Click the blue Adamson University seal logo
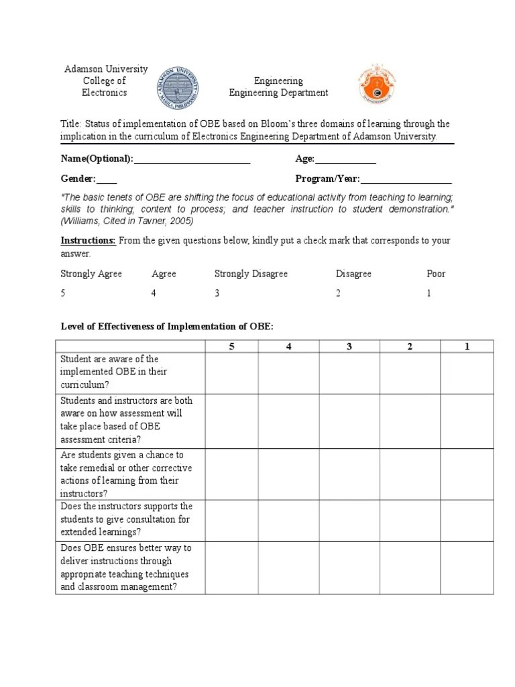[x=178, y=88]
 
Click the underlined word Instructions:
[x=89, y=240]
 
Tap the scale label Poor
[x=436, y=274]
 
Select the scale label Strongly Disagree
[x=251, y=274]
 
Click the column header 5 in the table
[x=231, y=346]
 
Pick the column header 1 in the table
[x=467, y=346]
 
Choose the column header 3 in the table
[x=349, y=346]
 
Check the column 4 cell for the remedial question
[x=289, y=474]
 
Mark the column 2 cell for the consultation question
[x=410, y=519]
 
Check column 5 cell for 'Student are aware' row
[x=231, y=372]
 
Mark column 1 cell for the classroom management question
[x=467, y=567]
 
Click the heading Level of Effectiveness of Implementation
[x=167, y=326]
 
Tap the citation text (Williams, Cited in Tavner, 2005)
[x=127, y=220]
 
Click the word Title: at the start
[x=71, y=124]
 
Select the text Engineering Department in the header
[x=278, y=93]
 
